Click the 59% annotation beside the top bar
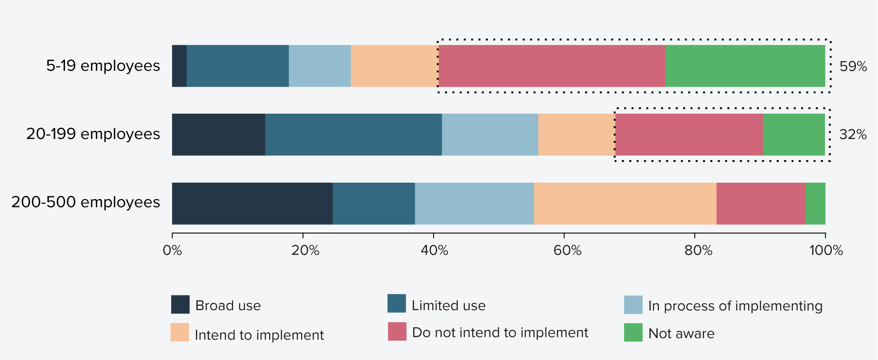click(x=853, y=66)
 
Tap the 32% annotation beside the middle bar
click(x=853, y=134)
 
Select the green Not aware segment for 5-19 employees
click(x=745, y=66)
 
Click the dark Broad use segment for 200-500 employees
click(x=252, y=203)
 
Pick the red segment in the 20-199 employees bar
click(x=689, y=134)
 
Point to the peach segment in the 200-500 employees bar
click(x=625, y=203)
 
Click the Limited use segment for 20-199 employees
click(x=353, y=134)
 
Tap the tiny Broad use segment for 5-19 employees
click(x=179, y=66)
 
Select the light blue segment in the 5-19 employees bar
click(x=320, y=66)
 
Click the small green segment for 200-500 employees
click(x=815, y=203)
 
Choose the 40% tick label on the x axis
click(x=434, y=251)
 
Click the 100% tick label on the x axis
click(x=826, y=251)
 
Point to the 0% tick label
click(x=172, y=251)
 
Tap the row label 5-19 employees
click(x=103, y=66)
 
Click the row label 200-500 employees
click(x=86, y=202)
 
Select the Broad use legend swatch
click(x=180, y=304)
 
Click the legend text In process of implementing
click(x=735, y=306)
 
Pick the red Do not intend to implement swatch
click(x=397, y=331)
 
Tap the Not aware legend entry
click(x=681, y=333)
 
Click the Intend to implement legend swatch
click(x=180, y=332)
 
